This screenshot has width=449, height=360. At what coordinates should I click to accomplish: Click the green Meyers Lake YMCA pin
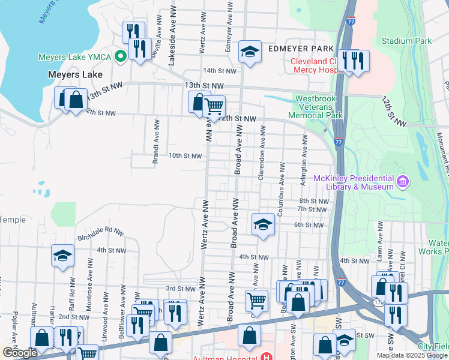120,58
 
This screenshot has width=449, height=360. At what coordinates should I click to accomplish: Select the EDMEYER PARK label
300,48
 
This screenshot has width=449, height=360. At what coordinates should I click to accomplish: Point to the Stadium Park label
406,41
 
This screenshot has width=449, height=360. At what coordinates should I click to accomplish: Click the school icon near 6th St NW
262,225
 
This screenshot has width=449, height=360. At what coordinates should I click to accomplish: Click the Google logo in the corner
19,353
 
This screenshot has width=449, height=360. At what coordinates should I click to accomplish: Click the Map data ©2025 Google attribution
412,355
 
